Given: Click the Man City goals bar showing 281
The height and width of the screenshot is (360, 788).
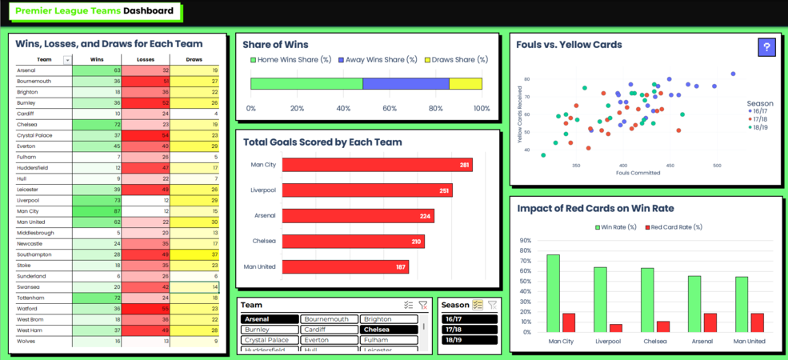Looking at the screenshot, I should (x=377, y=165).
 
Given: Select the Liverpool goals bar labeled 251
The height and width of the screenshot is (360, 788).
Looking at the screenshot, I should (x=367, y=190).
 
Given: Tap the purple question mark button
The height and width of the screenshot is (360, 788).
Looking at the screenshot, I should (x=766, y=48).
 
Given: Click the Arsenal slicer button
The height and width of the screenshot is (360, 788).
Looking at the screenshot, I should (x=270, y=319).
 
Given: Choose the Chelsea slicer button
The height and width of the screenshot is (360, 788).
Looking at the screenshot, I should (x=388, y=330).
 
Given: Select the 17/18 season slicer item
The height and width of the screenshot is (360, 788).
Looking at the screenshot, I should (x=470, y=330).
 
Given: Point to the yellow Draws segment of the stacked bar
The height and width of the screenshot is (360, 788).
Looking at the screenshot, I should (x=466, y=84).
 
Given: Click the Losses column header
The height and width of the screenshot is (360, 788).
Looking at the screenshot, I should (x=145, y=60).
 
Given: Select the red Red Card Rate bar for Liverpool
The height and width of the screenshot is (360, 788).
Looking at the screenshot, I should (x=616, y=327).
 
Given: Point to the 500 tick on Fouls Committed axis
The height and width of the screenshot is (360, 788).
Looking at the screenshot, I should (x=717, y=166).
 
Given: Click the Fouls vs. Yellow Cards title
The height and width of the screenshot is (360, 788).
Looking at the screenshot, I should (x=570, y=45).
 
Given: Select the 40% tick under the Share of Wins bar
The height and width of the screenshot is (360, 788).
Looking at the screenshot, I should (x=343, y=108).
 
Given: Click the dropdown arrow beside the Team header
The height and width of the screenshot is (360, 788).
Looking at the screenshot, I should (x=67, y=60).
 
